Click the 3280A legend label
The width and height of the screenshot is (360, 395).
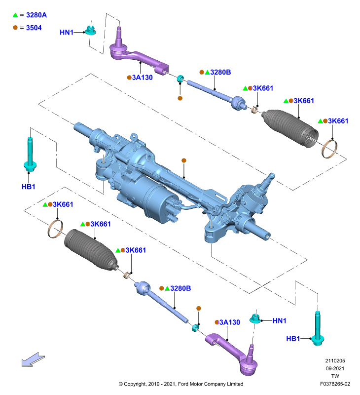point(36,15)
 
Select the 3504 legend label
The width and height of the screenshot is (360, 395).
point(34,28)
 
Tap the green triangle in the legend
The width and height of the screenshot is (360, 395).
point(15,15)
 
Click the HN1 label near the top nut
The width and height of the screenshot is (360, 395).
point(67,33)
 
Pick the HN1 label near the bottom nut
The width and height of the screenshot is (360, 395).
point(280,320)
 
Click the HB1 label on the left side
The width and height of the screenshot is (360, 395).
point(29,187)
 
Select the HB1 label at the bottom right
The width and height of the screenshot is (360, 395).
point(293,339)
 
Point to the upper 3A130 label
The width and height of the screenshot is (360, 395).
point(143,78)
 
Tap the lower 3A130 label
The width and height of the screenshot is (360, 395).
point(230,322)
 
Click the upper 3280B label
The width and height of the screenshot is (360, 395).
point(220,72)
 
